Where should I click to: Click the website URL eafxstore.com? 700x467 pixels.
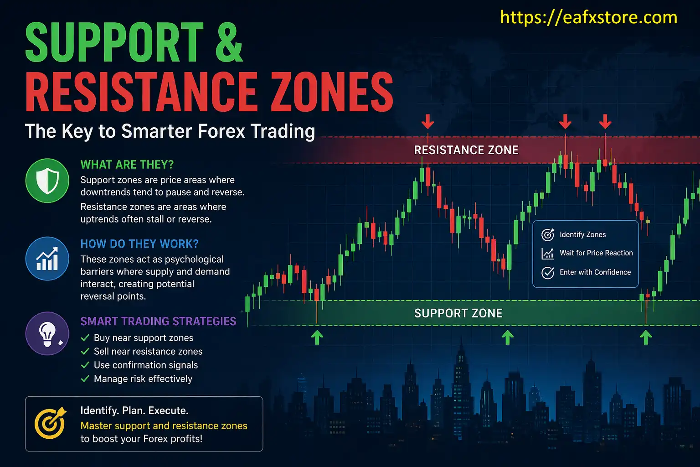[x=588, y=18]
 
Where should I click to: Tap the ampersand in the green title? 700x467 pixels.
[x=226, y=42]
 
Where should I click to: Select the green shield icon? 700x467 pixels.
[x=47, y=181]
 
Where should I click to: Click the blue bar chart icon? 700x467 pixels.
[x=47, y=259]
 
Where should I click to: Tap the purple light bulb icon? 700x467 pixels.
[x=47, y=333]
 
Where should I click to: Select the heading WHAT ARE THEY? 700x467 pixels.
[x=127, y=165]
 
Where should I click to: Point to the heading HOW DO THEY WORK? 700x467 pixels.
[x=139, y=244]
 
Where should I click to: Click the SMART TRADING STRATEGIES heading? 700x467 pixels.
[x=158, y=322]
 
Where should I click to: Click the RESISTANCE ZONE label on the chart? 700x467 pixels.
[x=466, y=150]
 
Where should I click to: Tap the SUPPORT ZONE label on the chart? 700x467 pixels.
[x=458, y=313]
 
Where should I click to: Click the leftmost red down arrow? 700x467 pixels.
[x=427, y=121]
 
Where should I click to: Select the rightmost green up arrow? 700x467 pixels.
[x=645, y=337]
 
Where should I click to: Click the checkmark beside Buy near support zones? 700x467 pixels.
[x=85, y=338]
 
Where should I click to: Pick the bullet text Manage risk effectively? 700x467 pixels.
[x=143, y=379]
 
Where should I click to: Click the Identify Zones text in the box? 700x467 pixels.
[x=582, y=235]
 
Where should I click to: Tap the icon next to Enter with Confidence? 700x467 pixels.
[x=547, y=273]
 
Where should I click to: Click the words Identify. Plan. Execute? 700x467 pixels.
[x=134, y=410]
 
